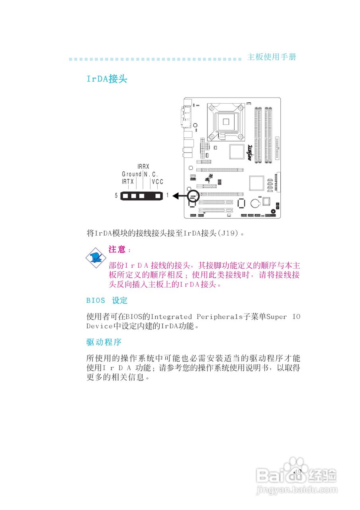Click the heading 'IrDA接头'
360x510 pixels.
click(x=107, y=79)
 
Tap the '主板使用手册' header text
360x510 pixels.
click(x=272, y=57)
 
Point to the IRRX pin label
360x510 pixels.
click(x=143, y=166)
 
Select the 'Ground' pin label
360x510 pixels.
click(x=131, y=174)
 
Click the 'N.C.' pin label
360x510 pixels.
click(x=151, y=174)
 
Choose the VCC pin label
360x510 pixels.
click(x=157, y=182)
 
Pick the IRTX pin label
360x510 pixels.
click(x=128, y=182)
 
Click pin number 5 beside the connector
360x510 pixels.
click(x=116, y=196)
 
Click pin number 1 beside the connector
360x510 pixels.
click(x=168, y=196)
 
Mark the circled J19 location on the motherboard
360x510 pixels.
click(x=193, y=196)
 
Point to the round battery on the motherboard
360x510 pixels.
click(x=255, y=203)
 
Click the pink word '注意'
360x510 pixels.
click(x=117, y=250)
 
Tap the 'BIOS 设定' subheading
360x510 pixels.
click(x=107, y=300)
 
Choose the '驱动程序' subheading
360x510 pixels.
click(x=104, y=342)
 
